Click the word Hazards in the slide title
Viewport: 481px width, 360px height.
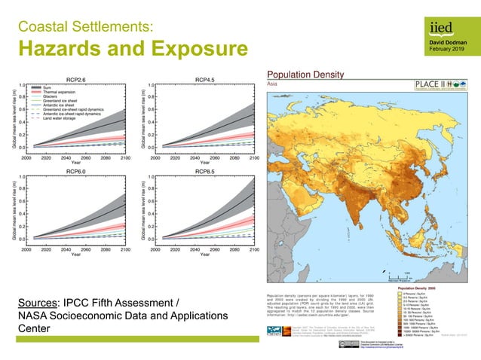pos(57,50)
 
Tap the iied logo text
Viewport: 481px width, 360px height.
pos(440,27)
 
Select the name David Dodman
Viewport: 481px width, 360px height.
pos(447,42)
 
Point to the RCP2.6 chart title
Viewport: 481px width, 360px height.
pos(76,79)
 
